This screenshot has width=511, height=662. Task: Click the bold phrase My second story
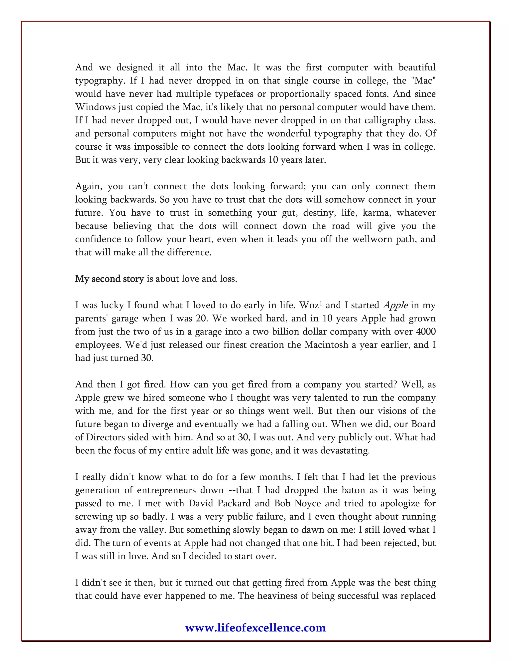pos(109,279)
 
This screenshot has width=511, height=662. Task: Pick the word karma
pos(375,213)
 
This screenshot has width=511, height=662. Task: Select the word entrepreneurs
pos(165,490)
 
